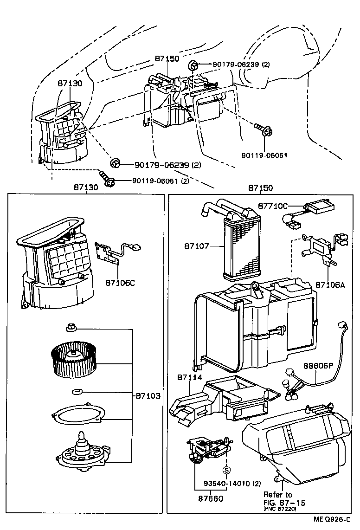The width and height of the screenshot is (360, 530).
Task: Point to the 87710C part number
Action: click(273, 206)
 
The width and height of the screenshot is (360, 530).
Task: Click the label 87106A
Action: click(330, 284)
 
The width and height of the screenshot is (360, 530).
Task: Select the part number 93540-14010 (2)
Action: click(232, 484)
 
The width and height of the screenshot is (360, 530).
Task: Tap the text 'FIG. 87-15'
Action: click(284, 503)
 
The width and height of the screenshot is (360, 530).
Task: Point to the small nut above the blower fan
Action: click(71, 328)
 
